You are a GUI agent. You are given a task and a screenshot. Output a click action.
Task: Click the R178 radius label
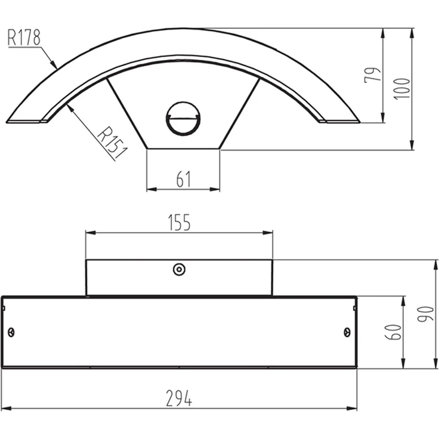24,37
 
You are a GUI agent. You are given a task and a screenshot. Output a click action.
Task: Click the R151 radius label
112,143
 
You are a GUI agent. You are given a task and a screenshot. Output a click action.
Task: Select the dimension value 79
373,75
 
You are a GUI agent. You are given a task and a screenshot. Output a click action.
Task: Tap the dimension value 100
401,88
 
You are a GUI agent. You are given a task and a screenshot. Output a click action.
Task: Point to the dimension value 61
184,179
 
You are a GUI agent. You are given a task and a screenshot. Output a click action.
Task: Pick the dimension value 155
179,222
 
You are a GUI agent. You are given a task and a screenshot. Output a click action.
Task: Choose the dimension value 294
179,398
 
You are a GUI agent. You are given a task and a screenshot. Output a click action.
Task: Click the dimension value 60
393,332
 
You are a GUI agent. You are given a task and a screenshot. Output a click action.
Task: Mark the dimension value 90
425,314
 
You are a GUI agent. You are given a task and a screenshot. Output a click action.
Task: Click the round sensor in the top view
183,119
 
